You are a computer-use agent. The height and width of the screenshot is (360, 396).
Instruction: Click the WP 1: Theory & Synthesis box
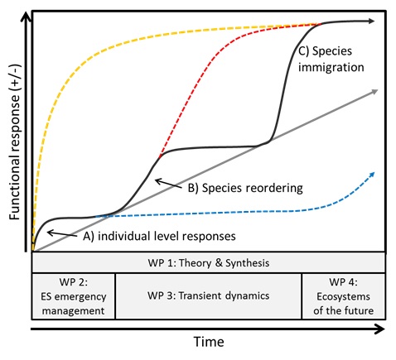209,262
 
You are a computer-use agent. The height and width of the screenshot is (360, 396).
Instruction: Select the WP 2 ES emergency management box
74,296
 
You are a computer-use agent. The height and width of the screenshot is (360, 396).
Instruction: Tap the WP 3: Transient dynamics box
209,296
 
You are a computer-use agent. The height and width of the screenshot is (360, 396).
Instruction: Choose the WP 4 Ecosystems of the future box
344,296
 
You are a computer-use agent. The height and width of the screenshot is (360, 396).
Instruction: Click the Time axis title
209,342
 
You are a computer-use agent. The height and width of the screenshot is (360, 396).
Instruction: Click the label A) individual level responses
159,237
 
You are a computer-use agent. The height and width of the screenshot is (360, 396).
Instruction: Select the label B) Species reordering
245,188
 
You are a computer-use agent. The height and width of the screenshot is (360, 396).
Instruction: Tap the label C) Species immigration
331,59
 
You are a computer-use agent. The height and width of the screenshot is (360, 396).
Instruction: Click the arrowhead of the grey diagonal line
374,92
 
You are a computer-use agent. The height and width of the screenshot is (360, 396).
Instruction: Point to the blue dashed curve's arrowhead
372,175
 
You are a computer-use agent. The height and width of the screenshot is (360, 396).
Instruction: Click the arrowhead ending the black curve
372,22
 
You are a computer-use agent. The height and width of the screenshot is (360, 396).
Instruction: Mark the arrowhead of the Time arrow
380,329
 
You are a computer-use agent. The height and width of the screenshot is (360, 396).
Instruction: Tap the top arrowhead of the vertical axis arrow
27,17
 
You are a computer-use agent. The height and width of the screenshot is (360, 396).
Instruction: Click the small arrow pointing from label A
62,234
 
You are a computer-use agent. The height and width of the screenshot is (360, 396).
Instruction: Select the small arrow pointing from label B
169,184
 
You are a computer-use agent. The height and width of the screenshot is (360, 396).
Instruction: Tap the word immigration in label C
331,67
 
